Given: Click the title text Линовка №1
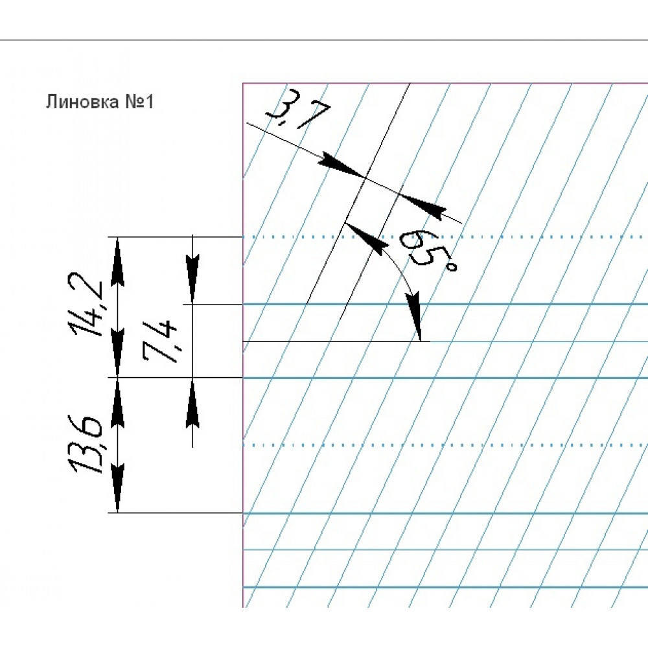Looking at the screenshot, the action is tap(100, 102).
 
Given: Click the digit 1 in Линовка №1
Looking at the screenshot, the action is tap(149, 102).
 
